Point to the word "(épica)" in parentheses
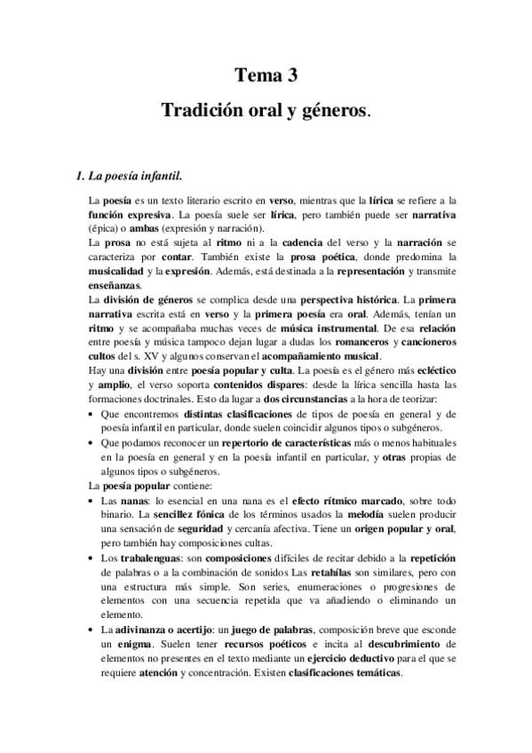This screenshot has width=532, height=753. click(x=110, y=228)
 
